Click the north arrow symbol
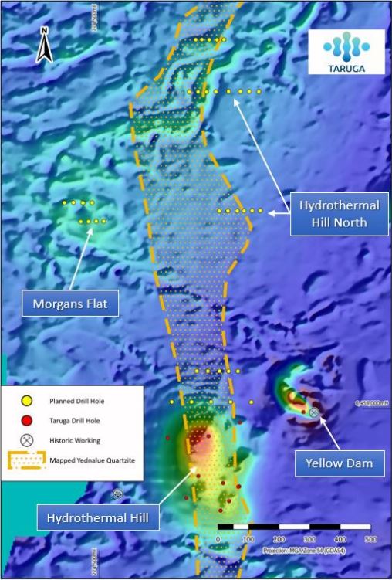point(45,46)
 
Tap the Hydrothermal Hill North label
point(336,215)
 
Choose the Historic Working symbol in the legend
point(26,440)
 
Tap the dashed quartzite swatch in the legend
point(26,461)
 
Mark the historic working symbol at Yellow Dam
point(314,413)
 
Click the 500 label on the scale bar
point(370,538)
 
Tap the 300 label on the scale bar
point(310,538)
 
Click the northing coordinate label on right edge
point(371,402)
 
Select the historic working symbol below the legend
point(118,494)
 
